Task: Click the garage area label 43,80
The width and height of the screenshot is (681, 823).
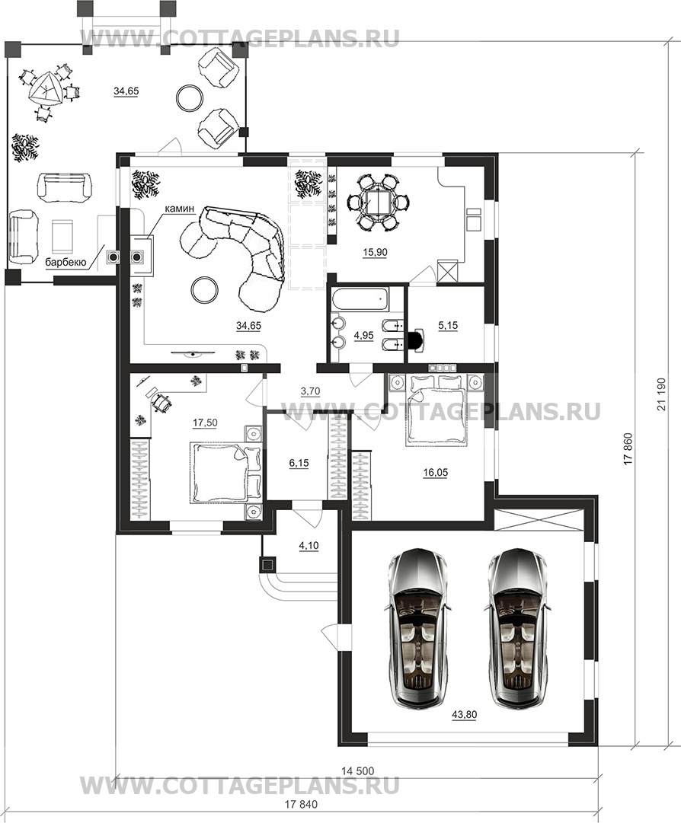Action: point(464,714)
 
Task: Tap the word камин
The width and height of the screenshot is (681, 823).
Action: point(180,209)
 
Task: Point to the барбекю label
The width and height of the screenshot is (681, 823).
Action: point(65,262)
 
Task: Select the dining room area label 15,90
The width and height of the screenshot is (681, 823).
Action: point(374,252)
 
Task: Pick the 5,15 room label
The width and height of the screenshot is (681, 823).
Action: point(448,325)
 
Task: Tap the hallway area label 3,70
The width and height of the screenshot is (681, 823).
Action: point(310,391)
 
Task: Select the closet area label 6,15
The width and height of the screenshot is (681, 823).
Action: point(299,463)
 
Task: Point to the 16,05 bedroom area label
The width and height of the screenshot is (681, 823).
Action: point(435,472)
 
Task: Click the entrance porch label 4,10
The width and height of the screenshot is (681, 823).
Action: point(309,546)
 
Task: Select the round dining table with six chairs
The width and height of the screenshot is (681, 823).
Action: point(378,203)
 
